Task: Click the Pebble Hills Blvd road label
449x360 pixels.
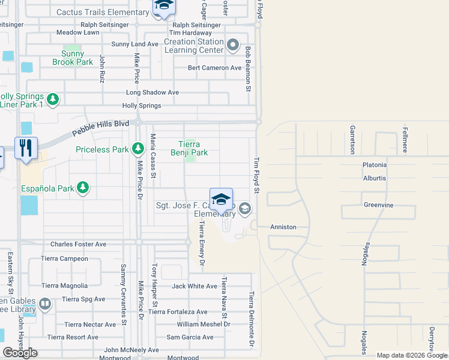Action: coord(101,128)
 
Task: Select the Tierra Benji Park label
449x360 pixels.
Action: coord(193,148)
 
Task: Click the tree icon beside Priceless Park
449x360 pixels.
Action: coord(138,148)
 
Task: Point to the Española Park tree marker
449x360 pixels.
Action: coord(83,188)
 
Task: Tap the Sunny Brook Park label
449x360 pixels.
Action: coord(73,58)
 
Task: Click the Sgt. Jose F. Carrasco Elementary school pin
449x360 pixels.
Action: coord(221,199)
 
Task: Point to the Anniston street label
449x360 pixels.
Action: coord(283,227)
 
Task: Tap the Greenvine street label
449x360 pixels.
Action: coord(378,205)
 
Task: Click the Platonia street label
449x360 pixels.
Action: coord(375,165)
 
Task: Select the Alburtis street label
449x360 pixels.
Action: coord(375,178)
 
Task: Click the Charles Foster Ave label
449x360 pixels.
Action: coord(78,244)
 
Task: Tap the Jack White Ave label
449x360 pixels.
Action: coord(194,286)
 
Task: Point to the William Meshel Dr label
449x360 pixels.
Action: coord(203,324)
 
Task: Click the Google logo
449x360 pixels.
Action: coord(20,353)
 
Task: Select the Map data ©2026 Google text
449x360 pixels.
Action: coord(411,355)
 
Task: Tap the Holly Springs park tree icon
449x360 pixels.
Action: coord(53,99)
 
